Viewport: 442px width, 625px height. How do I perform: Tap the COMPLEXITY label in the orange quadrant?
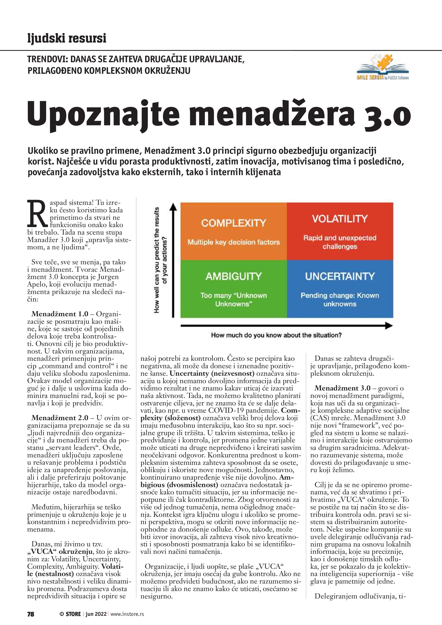point(234,223)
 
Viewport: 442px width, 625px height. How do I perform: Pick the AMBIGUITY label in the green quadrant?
point(234,276)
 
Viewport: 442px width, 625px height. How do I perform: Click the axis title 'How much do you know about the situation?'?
point(276,335)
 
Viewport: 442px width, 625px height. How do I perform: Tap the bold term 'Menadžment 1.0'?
point(60,314)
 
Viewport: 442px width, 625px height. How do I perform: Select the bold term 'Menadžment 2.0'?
point(60,418)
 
